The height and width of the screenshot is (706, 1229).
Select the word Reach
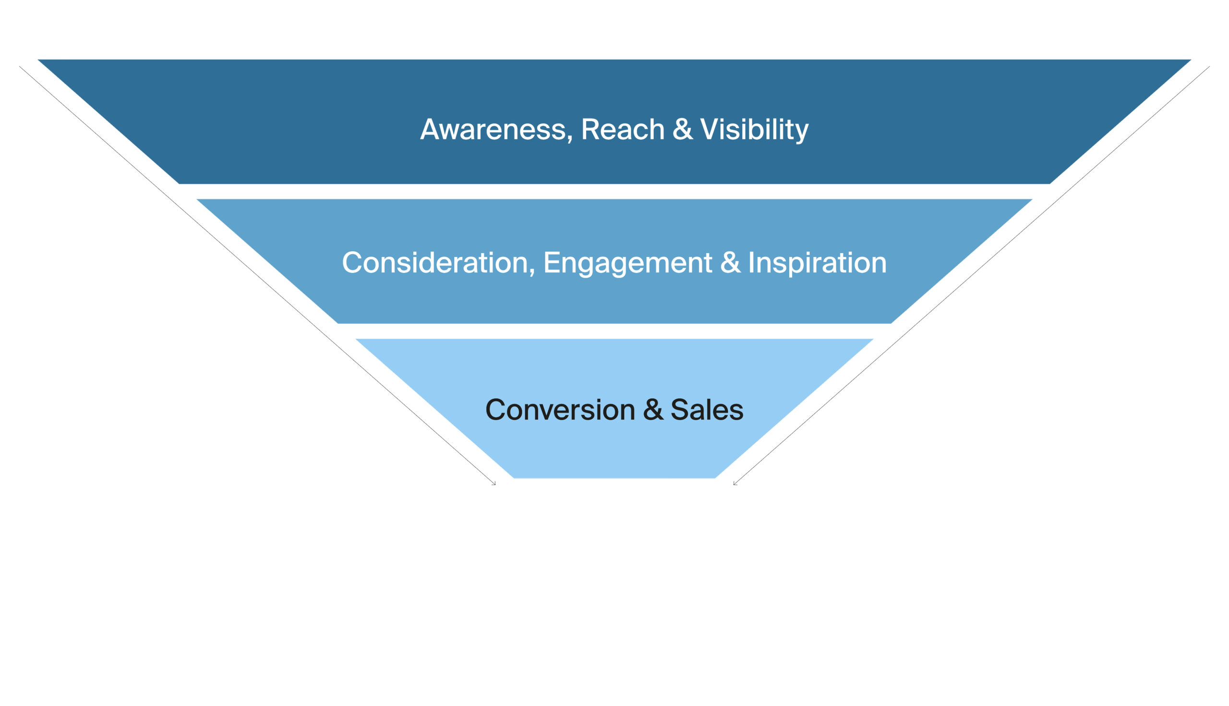point(622,130)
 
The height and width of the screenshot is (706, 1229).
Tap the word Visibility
point(754,130)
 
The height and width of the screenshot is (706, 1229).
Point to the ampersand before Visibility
point(682,130)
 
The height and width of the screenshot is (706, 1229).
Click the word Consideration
point(434,263)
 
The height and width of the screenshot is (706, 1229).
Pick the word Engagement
point(627,263)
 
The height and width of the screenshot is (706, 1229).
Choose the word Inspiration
point(817,263)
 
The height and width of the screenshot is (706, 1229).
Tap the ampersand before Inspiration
point(730,263)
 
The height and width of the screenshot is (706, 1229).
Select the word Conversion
point(560,410)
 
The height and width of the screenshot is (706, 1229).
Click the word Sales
point(707,410)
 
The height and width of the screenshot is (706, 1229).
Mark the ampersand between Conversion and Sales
point(653,410)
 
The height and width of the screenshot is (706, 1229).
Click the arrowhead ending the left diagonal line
point(494,484)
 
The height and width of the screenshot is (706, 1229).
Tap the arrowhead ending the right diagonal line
point(735,484)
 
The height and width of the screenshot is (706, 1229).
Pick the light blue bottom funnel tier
point(614,451)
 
